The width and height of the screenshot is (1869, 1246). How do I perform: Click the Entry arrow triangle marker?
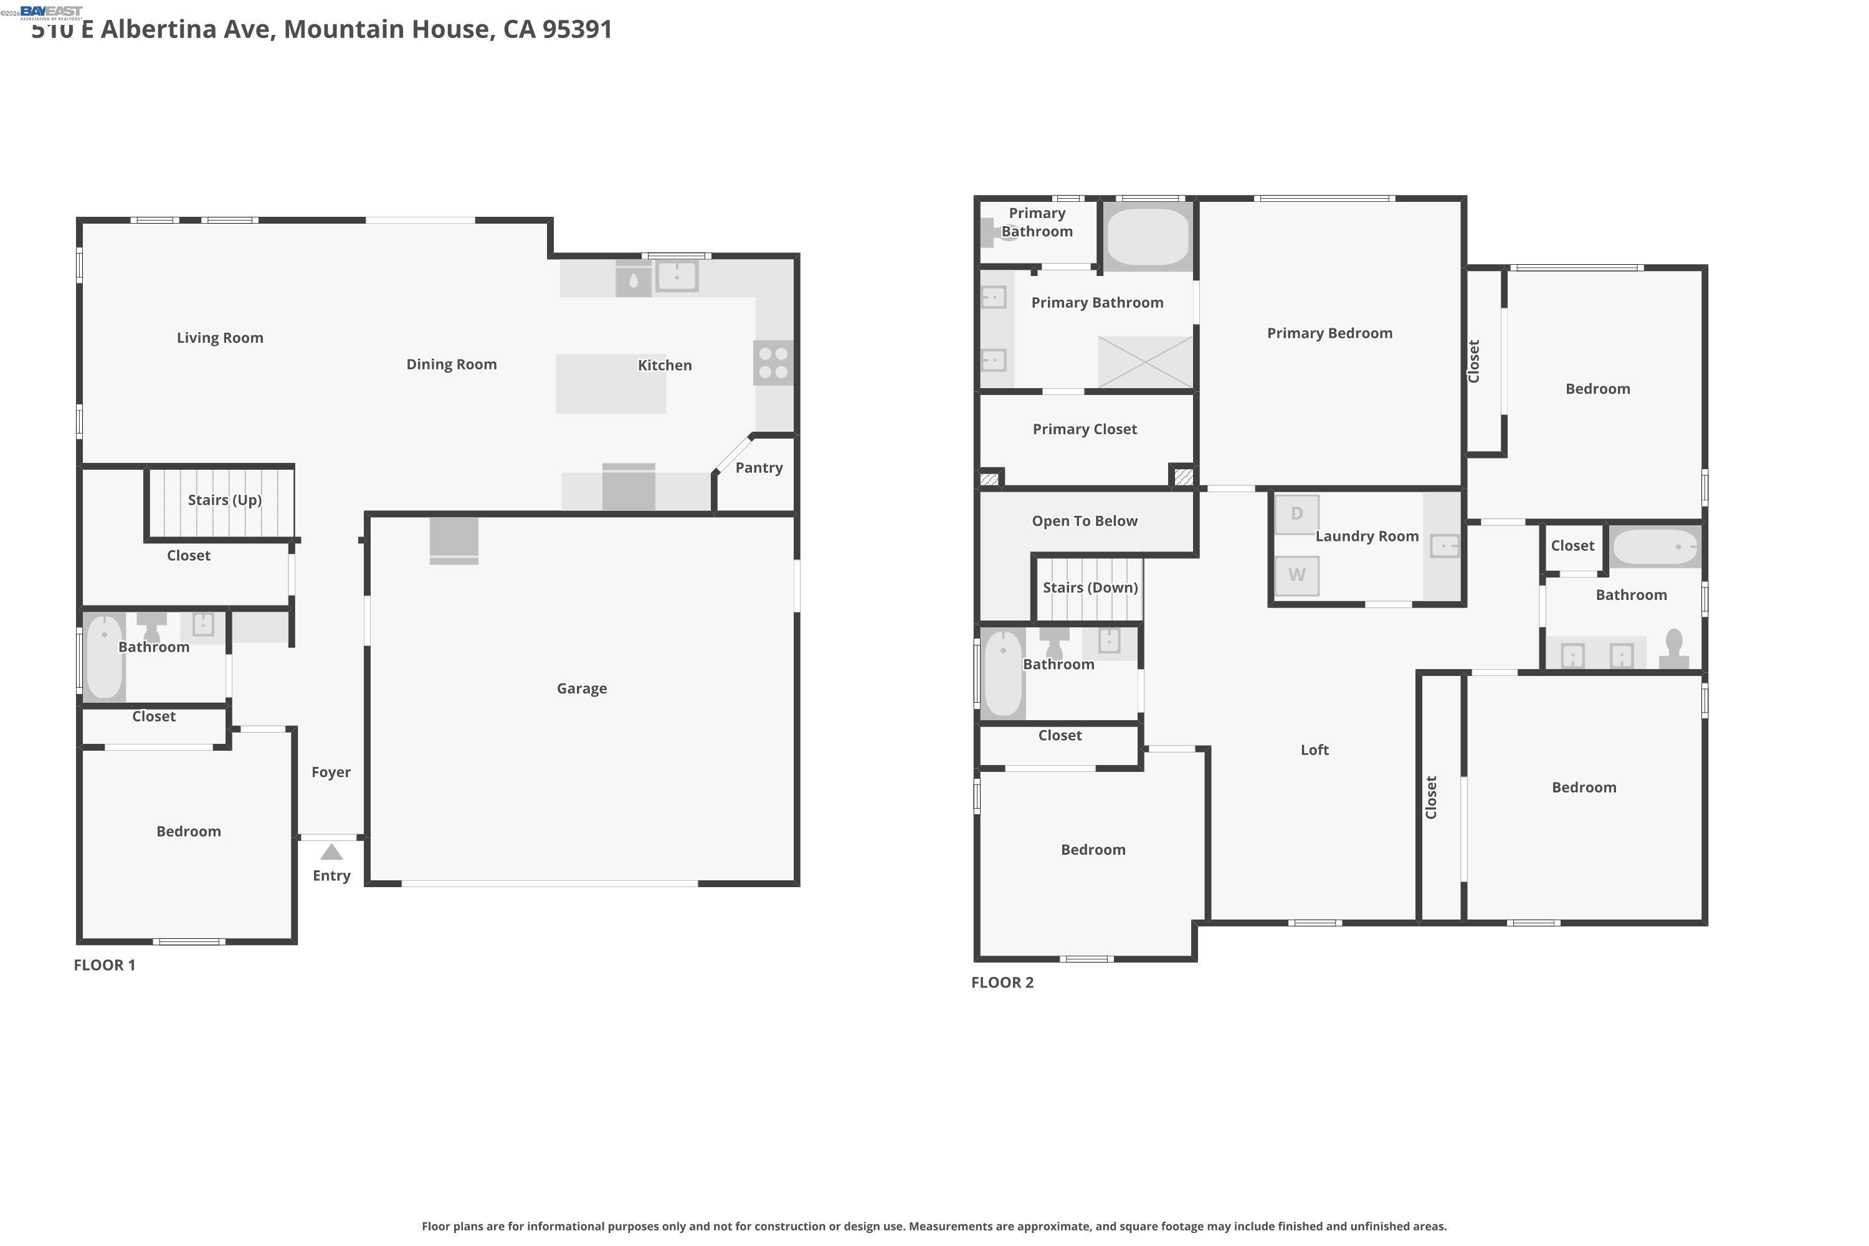tap(331, 853)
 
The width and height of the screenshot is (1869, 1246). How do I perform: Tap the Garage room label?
tap(582, 689)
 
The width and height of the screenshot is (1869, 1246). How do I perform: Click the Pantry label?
tap(759, 468)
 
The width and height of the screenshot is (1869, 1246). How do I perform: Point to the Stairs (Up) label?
tap(225, 500)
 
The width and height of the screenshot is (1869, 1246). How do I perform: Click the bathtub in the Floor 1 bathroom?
tap(104, 657)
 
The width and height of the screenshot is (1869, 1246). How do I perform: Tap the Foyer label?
tap(331, 773)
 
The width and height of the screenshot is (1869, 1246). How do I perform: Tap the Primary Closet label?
tap(1085, 430)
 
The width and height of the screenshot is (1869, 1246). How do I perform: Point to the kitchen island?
tap(611, 384)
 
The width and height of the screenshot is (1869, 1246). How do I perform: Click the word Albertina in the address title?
tap(188, 29)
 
